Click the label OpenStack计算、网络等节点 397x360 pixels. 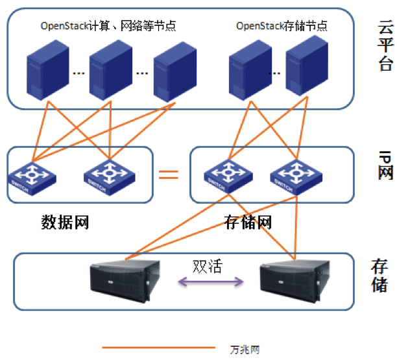pyautogui.click(x=108, y=27)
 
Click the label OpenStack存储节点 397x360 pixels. pyautogui.click(x=281, y=27)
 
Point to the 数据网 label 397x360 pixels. pyautogui.click(x=65, y=223)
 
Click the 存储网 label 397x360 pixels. pyautogui.click(x=247, y=223)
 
